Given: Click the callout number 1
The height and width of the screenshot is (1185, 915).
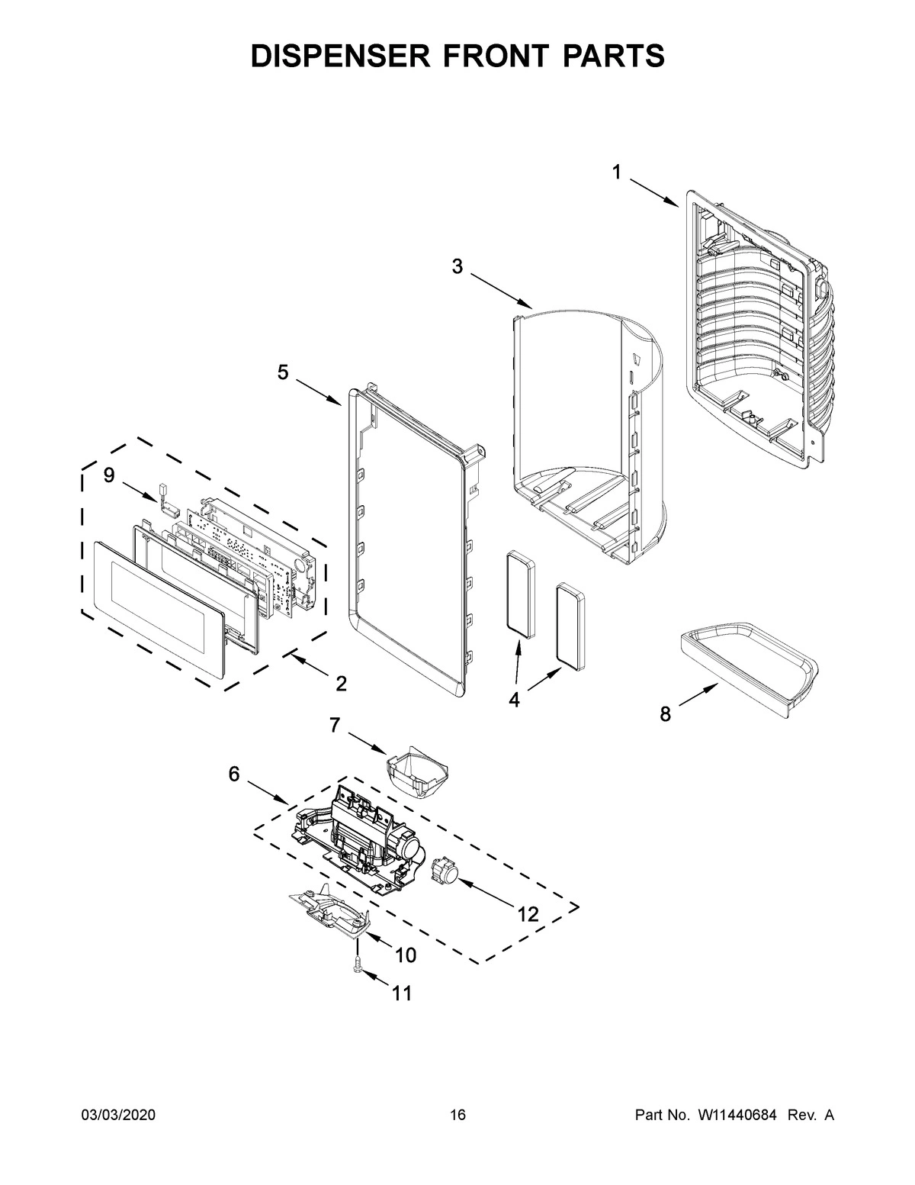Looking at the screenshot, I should pyautogui.click(x=615, y=173).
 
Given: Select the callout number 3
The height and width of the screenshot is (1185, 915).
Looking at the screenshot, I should pyautogui.click(x=457, y=266).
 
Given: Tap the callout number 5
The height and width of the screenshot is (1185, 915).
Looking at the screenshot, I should pyautogui.click(x=283, y=372).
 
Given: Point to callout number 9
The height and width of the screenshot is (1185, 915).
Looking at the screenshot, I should pyautogui.click(x=109, y=475).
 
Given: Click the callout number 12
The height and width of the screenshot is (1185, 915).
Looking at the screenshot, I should pyautogui.click(x=528, y=914).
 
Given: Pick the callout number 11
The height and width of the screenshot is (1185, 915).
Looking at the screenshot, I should pyautogui.click(x=401, y=993).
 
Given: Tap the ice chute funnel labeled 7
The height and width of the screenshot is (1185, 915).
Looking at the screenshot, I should pyautogui.click(x=417, y=773).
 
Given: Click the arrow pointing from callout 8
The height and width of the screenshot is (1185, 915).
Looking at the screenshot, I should pyautogui.click(x=698, y=697).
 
